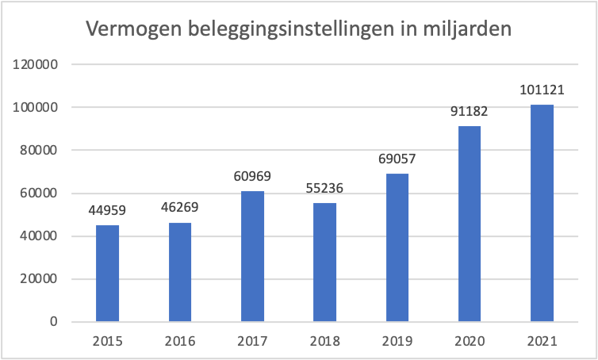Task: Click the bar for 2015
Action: (x=107, y=274)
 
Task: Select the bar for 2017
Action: (x=252, y=256)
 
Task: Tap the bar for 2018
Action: (x=324, y=262)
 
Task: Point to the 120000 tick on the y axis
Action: (x=34, y=64)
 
